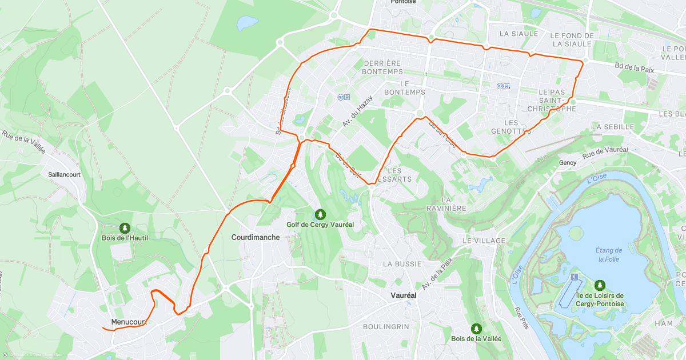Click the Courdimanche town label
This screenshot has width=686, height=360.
coord(256,237)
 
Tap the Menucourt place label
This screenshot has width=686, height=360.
coord(129,322)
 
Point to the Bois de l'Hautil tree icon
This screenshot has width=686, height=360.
coord(125,227)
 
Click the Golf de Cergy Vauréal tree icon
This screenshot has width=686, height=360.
coord(320,214)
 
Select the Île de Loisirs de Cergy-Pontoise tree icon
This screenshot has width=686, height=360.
coord(600,285)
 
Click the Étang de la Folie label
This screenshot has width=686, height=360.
coord(609,254)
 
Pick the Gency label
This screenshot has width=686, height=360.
coord(568,163)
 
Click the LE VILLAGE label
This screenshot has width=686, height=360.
coord(484,241)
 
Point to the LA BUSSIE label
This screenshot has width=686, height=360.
coord(402,264)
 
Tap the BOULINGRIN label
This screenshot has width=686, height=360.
coord(386,326)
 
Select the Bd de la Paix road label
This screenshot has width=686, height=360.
coord(642,67)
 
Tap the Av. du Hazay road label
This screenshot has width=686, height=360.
coord(357,111)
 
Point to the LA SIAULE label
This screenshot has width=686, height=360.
coord(519,34)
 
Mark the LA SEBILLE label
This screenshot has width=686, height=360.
coord(613,126)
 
